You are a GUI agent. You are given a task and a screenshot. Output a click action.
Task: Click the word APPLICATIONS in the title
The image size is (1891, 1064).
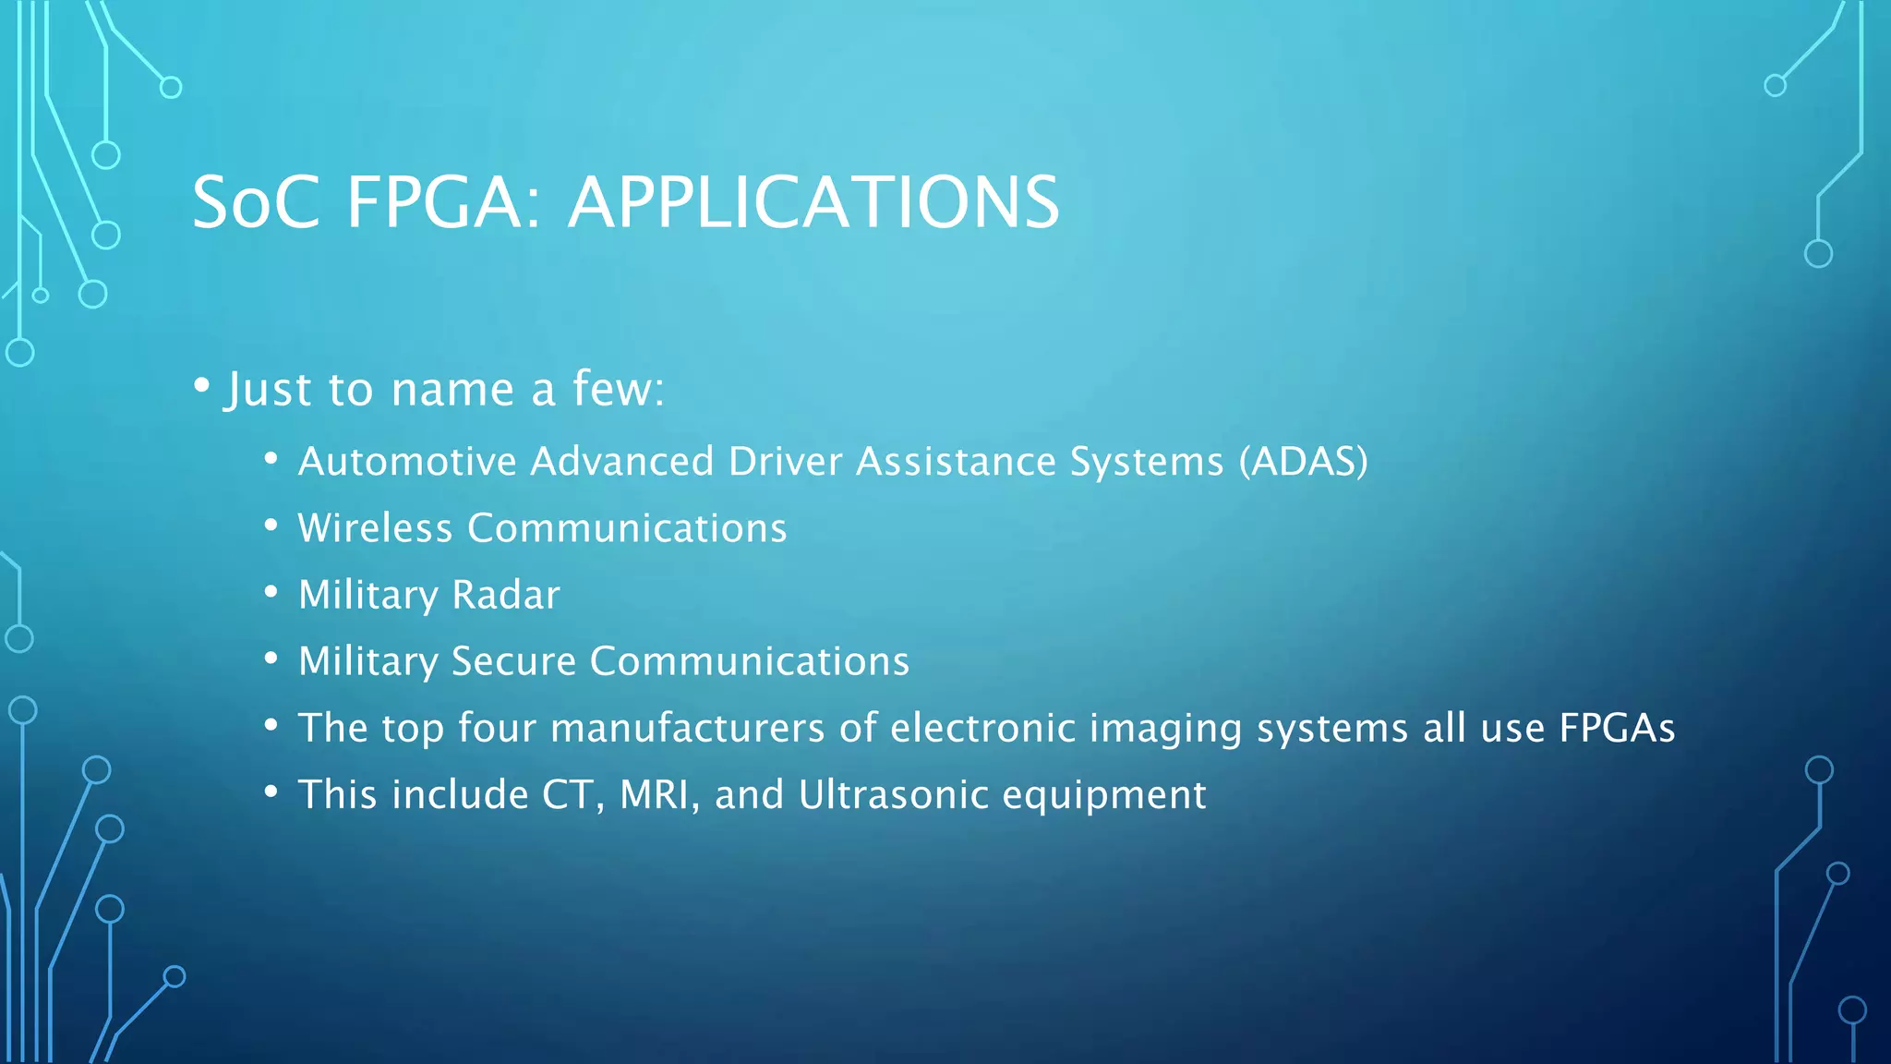[813, 202]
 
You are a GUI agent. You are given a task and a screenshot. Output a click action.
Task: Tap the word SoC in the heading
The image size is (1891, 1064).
[256, 202]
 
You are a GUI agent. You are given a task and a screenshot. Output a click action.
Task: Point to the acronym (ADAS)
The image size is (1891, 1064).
[1303, 461]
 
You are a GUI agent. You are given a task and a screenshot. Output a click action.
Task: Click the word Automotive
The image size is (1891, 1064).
[406, 461]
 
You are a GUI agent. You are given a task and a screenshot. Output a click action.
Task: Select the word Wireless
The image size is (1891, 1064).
[375, 528]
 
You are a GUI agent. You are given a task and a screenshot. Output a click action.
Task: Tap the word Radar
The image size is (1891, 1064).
[506, 595]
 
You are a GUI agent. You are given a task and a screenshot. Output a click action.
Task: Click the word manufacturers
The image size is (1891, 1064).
[687, 728]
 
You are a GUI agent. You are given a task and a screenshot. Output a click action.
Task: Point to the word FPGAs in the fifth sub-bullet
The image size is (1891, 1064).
[1617, 728]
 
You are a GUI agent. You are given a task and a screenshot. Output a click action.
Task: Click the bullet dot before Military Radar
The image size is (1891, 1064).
[271, 592]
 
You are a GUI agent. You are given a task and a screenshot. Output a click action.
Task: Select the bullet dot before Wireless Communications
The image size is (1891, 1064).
[271, 526]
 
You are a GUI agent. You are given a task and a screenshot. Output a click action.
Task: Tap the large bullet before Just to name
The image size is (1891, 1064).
[202, 385]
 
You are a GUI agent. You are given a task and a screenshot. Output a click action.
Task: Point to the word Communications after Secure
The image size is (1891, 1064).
[749, 661]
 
